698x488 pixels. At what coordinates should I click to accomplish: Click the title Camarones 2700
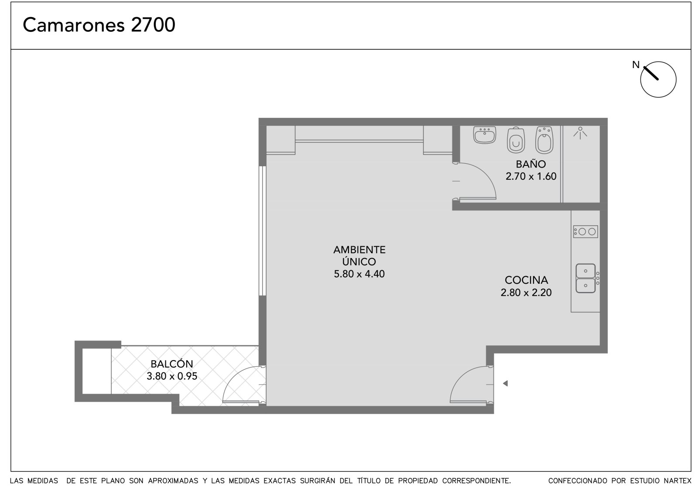pos(99,25)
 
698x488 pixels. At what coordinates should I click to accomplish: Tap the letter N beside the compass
pos(636,65)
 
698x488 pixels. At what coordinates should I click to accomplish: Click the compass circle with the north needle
pos(658,79)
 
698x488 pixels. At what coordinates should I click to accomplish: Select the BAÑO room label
pos(530,164)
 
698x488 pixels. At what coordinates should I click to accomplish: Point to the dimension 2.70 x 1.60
pos(530,176)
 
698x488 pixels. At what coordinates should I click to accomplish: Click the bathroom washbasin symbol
pos(485,135)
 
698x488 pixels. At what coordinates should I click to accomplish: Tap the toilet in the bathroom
pos(516,140)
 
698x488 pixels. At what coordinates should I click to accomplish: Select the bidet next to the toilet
pos(544,140)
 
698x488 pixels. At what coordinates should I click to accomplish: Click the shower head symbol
pos(580,133)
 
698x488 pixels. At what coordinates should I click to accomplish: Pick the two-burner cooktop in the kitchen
pos(585,232)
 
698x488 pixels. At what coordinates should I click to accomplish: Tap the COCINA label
pos(526,280)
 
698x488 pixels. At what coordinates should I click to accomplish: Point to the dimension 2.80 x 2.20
pos(526,292)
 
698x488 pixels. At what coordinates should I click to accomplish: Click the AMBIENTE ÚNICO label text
pos(359,255)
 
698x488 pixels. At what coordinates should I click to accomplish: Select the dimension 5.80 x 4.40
pos(359,274)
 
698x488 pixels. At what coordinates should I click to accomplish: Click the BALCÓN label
pos(172,364)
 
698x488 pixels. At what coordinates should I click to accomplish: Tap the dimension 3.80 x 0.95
pos(172,376)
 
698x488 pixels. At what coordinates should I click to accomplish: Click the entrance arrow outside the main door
pos(505,383)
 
